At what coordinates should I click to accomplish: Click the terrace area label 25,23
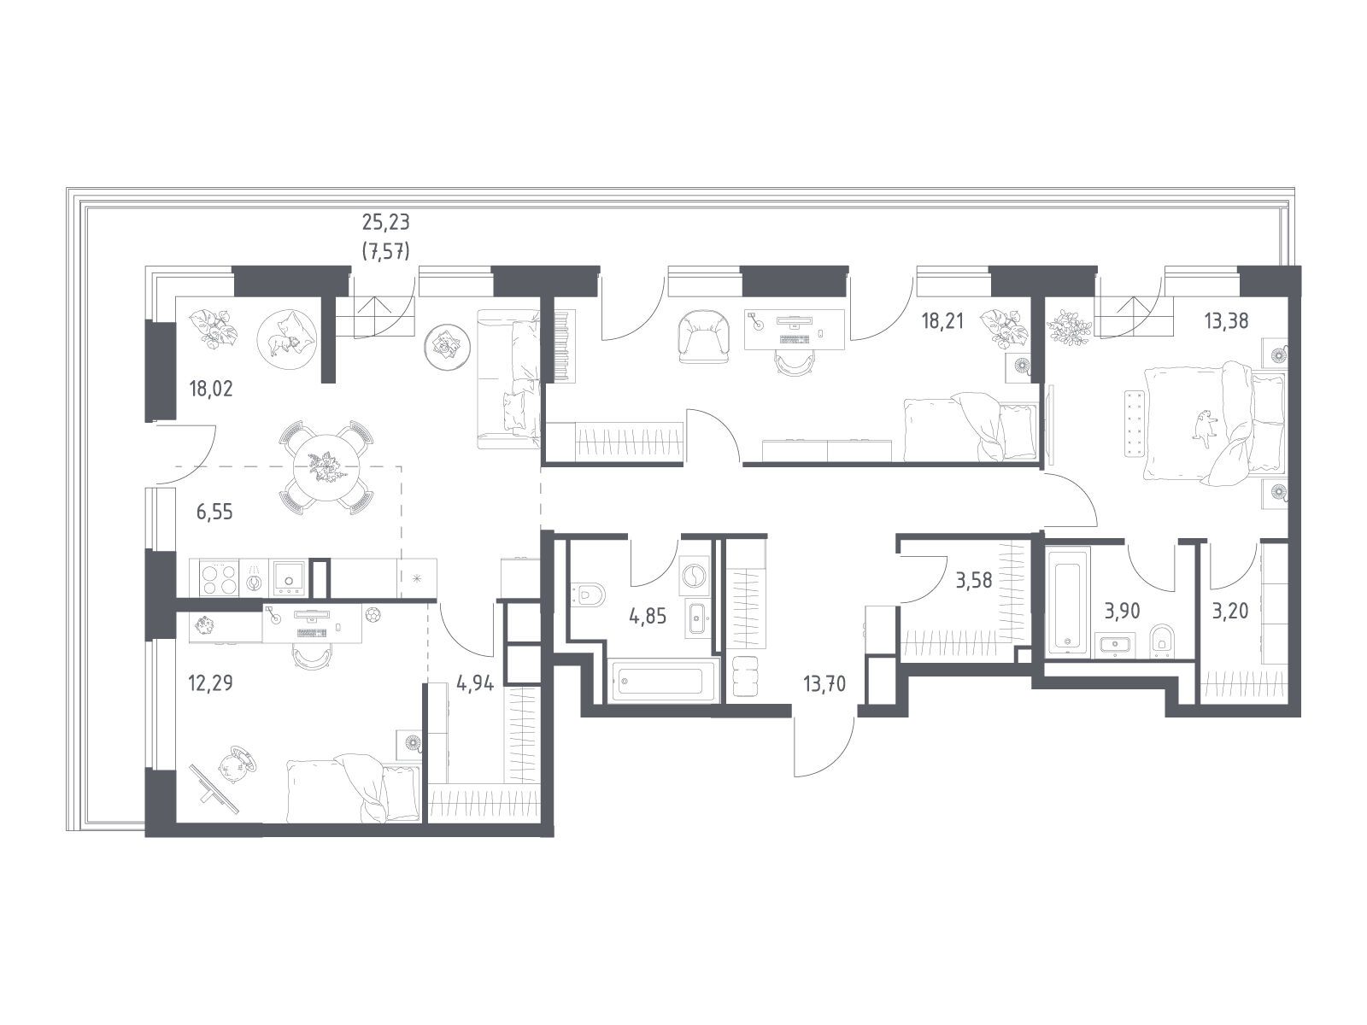[x=385, y=221]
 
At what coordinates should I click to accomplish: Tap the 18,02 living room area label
[x=211, y=389]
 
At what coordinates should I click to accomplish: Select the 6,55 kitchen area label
[x=214, y=512]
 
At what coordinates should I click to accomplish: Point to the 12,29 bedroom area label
[x=210, y=683]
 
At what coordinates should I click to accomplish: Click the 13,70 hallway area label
[x=824, y=684]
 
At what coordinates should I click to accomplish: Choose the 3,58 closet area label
[x=974, y=580]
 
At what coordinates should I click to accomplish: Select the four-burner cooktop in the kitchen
[x=220, y=579]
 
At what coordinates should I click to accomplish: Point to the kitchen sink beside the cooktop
[x=288, y=578]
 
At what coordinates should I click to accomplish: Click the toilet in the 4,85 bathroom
[x=587, y=594]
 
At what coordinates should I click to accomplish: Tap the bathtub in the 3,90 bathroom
[x=1069, y=600]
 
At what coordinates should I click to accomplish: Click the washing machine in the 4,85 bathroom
[x=693, y=575]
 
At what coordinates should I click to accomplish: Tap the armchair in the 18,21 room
[x=704, y=337]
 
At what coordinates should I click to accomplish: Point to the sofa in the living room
[x=509, y=378]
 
